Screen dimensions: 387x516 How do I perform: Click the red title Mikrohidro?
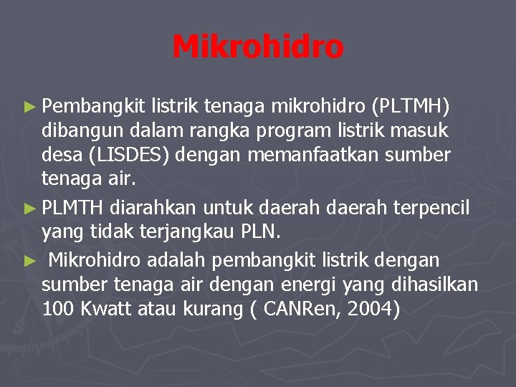tap(258, 47)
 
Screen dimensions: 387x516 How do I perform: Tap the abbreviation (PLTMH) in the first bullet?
tap(411, 107)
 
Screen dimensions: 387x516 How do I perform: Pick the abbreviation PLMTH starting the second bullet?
tap(72, 209)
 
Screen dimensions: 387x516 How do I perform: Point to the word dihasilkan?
tap(437, 284)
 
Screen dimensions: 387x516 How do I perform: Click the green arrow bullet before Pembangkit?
tap(29, 107)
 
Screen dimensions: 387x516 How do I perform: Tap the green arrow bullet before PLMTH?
tap(29, 209)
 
